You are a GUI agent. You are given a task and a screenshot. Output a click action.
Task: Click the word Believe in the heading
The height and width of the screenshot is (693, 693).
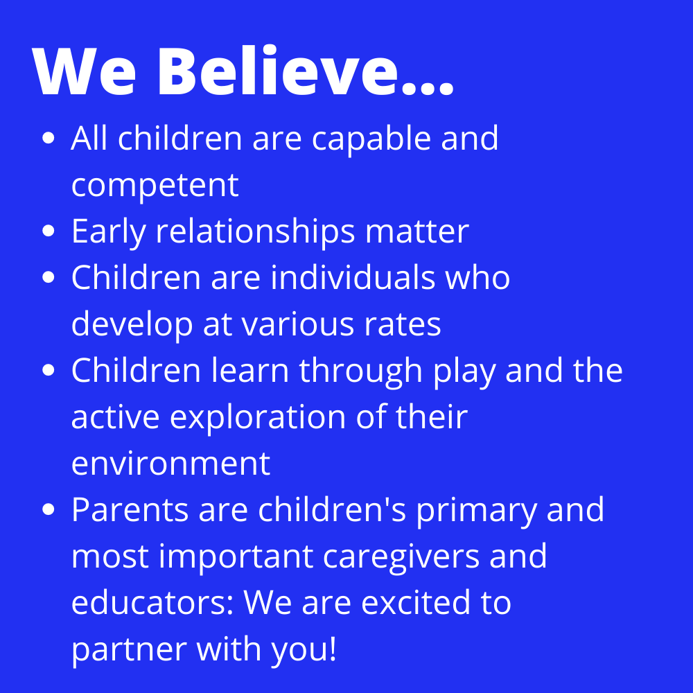coord(278,70)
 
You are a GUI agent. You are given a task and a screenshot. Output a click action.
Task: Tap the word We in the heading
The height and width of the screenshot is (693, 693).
coord(84,71)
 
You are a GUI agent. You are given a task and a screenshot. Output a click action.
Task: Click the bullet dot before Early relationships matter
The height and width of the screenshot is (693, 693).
coord(49,231)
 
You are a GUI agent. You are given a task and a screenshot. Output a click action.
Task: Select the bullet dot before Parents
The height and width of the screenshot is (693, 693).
coord(49,509)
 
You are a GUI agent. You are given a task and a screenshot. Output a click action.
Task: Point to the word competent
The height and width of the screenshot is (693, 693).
coord(155,186)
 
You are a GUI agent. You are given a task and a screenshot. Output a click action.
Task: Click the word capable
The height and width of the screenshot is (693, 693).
coord(371,139)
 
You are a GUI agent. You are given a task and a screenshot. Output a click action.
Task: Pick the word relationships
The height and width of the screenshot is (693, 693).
coord(256,231)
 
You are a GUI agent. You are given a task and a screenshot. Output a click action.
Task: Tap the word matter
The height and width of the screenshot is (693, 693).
coord(416,231)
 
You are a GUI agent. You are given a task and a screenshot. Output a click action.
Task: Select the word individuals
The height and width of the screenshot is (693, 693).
coord(353,278)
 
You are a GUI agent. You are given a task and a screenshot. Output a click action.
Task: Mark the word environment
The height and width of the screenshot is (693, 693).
coord(170,464)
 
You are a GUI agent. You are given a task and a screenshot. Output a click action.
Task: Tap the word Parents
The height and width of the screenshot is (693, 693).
coord(130,509)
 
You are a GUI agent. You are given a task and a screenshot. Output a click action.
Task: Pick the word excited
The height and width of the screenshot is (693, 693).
coord(416,602)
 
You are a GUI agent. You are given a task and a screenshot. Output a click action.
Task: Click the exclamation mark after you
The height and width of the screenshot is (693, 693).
coord(333,648)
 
